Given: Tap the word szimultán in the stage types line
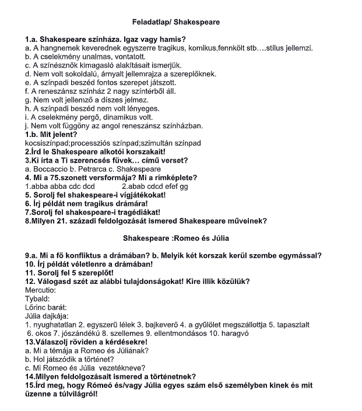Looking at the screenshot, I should coord(156,143).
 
